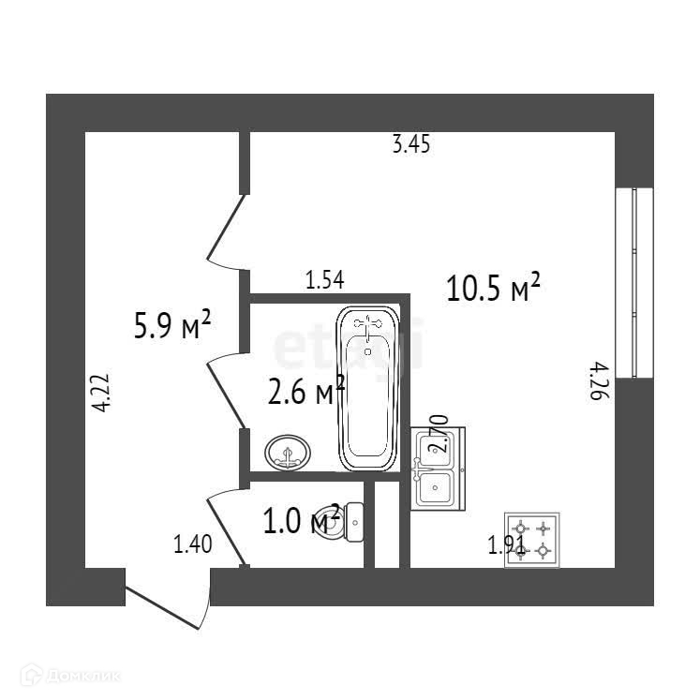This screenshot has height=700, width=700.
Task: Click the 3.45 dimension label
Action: [412, 145]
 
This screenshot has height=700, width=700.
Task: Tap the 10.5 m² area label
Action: [494, 288]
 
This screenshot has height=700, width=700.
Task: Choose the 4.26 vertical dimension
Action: [597, 382]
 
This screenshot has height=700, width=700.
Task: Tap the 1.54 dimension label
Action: [325, 278]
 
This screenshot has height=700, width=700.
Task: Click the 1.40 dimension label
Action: [192, 544]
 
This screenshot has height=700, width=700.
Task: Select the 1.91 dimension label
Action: [506, 545]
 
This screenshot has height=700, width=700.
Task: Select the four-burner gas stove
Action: [531, 541]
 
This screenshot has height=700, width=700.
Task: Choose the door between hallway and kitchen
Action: [225, 230]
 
